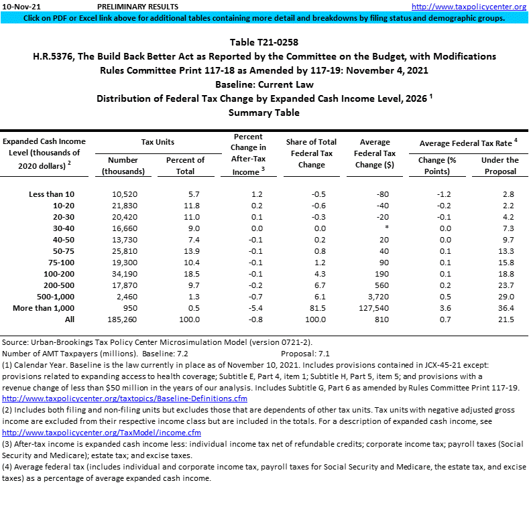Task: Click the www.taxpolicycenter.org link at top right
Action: (x=469, y=7)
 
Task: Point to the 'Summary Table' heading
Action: (x=264, y=113)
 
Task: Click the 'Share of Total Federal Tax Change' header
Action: (x=311, y=153)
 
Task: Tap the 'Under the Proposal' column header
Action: (x=499, y=165)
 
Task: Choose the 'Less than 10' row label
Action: (x=52, y=194)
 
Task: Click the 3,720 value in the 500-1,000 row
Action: (x=380, y=297)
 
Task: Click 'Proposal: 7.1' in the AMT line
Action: (x=305, y=353)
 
